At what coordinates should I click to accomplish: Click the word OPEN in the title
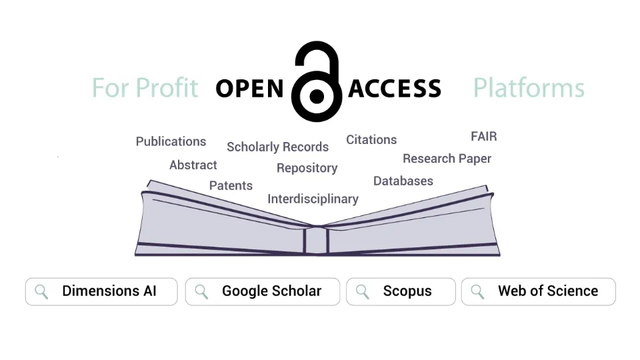tap(250, 88)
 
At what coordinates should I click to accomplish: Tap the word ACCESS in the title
tap(395, 88)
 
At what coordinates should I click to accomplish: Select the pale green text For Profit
tap(145, 88)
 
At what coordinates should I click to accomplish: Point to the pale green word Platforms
tap(529, 88)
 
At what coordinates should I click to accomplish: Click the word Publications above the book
tap(171, 141)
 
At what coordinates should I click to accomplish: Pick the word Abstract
tap(193, 165)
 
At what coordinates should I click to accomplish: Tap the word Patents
tap(231, 185)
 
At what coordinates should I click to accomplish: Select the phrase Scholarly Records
tap(277, 147)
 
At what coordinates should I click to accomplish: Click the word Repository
tap(307, 168)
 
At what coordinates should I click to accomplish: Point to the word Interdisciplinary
tap(313, 199)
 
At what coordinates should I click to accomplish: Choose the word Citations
tap(371, 139)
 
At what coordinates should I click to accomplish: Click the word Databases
tap(403, 181)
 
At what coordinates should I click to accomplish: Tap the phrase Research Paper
tap(447, 159)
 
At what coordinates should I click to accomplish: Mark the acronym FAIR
tap(483, 137)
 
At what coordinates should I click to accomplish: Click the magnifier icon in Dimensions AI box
tap(41, 291)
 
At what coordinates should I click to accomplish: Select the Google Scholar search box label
tap(271, 291)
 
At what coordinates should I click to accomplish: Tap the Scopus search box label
tap(407, 291)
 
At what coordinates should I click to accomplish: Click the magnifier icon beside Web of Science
tap(477, 291)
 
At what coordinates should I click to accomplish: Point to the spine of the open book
tap(317, 240)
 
